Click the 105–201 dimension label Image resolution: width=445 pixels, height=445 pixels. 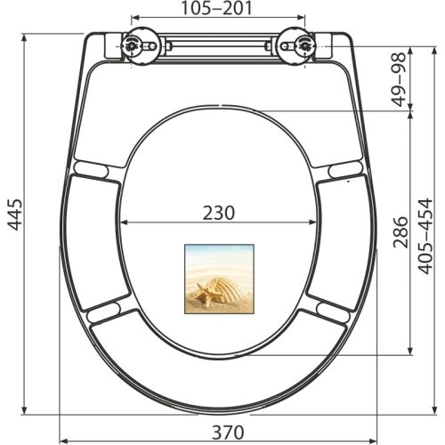coord(218,10)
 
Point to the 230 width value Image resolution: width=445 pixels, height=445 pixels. coord(219,213)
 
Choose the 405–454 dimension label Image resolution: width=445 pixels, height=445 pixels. coord(429,236)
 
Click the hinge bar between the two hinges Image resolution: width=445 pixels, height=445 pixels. coord(217,44)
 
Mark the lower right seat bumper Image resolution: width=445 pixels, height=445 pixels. coord(334,311)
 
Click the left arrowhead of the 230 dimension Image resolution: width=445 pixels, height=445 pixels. coord(123,222)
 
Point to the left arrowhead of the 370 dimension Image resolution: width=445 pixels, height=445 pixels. coord(62,440)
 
